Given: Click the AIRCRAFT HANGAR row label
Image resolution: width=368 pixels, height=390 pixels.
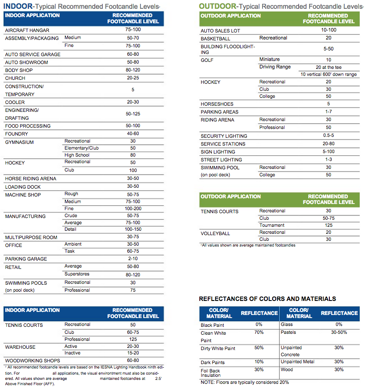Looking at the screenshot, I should pos(27,30).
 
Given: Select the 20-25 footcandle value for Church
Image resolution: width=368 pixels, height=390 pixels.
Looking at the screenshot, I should pos(133,78).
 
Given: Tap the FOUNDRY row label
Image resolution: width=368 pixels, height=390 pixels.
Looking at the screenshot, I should pos(17,134).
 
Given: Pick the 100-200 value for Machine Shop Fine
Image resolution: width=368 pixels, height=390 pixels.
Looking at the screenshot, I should pos(133,209).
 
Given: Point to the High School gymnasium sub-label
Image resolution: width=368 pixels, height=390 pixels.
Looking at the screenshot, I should pos(77,155).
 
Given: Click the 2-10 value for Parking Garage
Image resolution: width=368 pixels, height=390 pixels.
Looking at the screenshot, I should pos(133,259).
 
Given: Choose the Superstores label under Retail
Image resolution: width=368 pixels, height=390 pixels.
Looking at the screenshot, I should pos(78,274).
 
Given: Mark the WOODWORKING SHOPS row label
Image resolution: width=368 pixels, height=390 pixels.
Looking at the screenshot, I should pos(32,361).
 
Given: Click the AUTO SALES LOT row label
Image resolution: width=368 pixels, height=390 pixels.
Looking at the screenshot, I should pos(220,31).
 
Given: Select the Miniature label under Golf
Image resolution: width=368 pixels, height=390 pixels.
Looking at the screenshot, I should pos(270,59).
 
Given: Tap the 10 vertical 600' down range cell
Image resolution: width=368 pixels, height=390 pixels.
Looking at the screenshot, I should pos(328,75).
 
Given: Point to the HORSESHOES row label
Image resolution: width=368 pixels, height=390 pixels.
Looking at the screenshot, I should pos(217,104).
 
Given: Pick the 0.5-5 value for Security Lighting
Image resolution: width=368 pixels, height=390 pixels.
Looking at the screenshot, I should pos(328,136).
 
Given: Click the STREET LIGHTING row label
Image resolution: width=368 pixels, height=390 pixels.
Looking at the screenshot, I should pos(221,160).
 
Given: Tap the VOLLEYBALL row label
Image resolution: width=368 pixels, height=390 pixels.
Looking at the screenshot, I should pos(215,233).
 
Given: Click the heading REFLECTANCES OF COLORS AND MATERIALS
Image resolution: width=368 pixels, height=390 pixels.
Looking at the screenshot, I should pos(267,299).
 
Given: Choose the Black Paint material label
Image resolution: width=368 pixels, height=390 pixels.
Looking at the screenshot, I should pos(213,325).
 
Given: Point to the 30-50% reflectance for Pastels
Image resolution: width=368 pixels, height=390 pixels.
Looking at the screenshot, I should pos(339,333).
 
